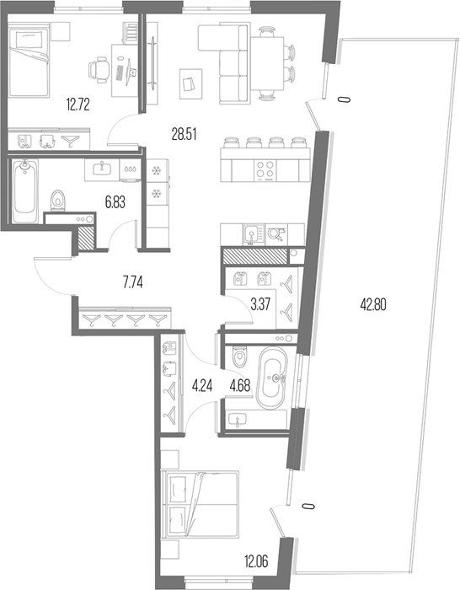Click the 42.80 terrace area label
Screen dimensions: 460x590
click(x=373, y=305)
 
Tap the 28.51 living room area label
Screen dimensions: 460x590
click(x=185, y=134)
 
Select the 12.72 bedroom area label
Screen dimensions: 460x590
click(x=78, y=105)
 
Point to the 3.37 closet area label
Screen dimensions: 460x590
click(x=260, y=303)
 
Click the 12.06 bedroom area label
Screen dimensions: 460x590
click(x=256, y=562)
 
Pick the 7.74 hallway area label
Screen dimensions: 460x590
click(x=133, y=282)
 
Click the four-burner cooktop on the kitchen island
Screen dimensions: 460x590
click(x=265, y=170)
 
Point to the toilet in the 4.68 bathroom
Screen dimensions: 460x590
click(x=240, y=357)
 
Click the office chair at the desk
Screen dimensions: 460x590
click(x=99, y=69)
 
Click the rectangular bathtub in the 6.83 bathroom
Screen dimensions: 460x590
click(x=25, y=191)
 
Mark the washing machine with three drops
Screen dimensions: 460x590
click(x=131, y=169)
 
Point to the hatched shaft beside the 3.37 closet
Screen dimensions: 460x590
click(x=254, y=256)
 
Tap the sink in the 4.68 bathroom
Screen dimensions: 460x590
click(x=237, y=419)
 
